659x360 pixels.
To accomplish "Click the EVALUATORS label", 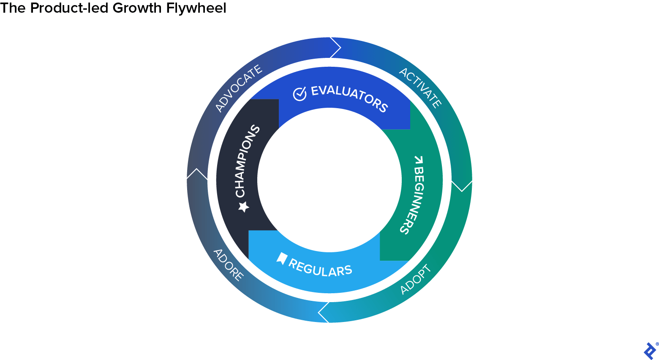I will point(349,99).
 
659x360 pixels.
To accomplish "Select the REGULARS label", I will point(320,267).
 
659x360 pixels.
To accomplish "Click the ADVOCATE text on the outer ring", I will point(239,89).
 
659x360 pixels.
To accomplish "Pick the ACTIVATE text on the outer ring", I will point(421,87).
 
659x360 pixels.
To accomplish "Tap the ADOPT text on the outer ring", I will point(416,279).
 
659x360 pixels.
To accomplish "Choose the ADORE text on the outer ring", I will point(229,265).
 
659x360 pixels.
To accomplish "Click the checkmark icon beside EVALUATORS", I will point(300,94).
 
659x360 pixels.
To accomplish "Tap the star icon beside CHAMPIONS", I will point(243,207).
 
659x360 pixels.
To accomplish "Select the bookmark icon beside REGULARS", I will point(282,258).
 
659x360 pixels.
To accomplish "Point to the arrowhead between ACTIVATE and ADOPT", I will point(462,186).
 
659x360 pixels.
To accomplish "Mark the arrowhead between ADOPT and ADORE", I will point(324,313).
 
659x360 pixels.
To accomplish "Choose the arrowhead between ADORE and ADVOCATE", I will point(197,174).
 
